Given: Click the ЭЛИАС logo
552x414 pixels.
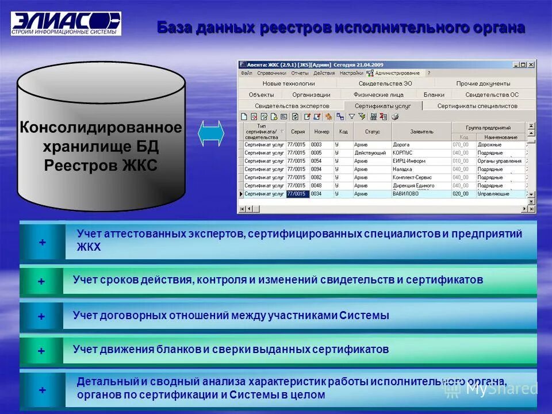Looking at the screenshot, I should click(66, 23).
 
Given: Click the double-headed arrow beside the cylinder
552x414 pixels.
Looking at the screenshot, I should click(211, 135).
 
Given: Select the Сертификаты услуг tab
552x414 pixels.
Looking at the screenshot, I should click(382, 106).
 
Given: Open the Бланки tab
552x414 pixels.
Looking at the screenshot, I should click(434, 94).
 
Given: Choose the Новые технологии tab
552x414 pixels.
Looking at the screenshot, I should click(289, 83).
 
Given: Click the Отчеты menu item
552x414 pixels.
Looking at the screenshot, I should click(300, 73).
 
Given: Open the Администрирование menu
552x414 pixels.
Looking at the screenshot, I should click(396, 73).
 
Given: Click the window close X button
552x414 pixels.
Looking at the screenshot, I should click(531, 64).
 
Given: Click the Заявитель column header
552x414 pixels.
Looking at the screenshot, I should click(421, 131).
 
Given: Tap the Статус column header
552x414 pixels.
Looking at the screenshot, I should click(372, 131).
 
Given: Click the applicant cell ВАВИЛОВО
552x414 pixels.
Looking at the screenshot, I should click(405, 194).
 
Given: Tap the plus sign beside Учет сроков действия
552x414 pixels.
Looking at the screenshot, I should click(41, 282).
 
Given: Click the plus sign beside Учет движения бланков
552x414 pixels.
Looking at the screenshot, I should click(41, 351).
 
